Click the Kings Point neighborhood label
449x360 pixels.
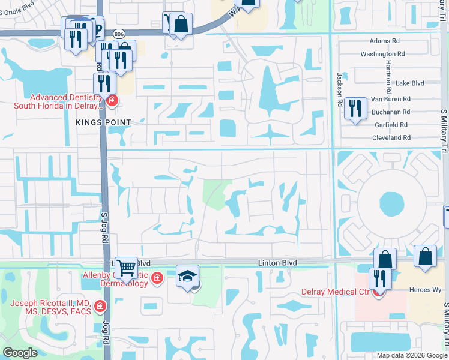click(103, 122)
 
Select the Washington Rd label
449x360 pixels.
click(378, 54)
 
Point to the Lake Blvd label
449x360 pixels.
click(411, 83)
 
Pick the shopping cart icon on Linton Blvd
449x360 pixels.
click(126, 268)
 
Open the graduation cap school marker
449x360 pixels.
click(188, 276)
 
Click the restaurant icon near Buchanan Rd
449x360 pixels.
click(356, 108)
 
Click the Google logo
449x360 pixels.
click(20, 353)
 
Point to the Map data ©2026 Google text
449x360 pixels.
click(411, 355)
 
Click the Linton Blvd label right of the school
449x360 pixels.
click(279, 263)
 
